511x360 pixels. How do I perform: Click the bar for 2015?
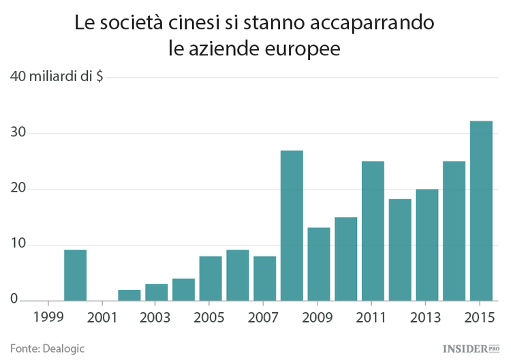coord(481,211)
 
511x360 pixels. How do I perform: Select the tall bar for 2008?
coord(292,226)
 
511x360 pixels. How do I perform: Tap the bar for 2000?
coord(75,275)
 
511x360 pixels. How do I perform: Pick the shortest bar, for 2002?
coord(129,295)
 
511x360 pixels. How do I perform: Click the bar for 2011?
coord(373,231)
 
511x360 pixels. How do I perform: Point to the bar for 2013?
coord(427,245)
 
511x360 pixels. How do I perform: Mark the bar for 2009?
coord(319,264)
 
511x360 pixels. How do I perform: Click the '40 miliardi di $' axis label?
coord(57,76)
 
